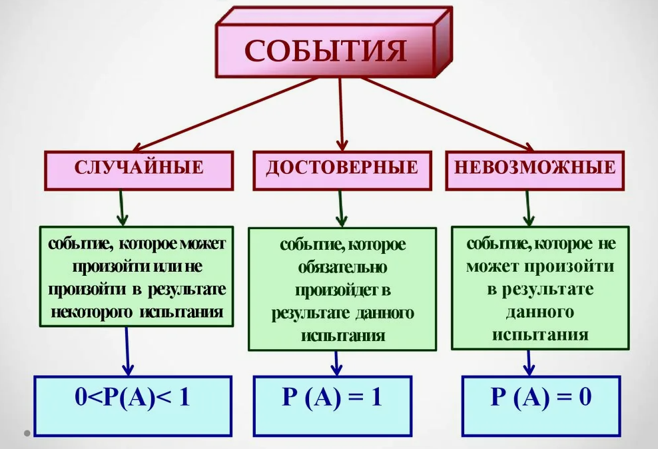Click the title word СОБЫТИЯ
pos(325,51)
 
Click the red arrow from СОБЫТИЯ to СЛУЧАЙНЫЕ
pos(226,113)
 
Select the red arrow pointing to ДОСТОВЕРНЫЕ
pos(342,113)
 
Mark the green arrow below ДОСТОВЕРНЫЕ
pos(341,207)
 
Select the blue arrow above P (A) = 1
pos(337,362)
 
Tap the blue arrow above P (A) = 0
pos(530,362)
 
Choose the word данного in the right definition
pos(540,311)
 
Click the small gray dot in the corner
pos(27,433)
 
